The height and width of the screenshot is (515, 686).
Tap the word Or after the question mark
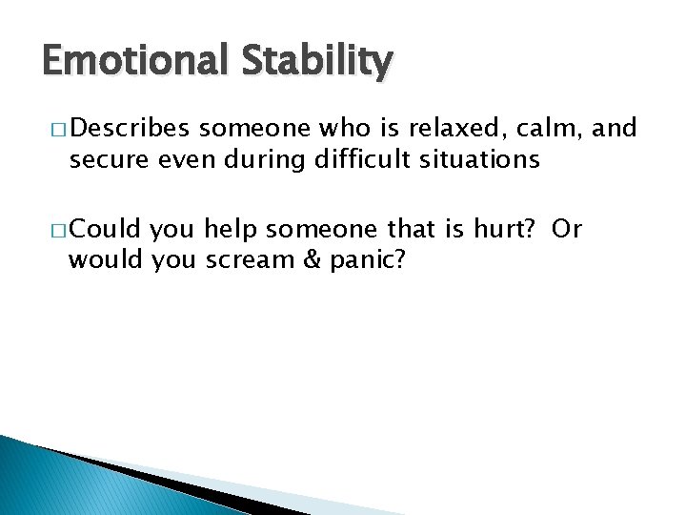coord(566,229)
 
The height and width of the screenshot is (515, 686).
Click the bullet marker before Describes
coord(50,129)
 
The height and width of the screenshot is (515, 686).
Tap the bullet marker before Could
coord(50,230)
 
